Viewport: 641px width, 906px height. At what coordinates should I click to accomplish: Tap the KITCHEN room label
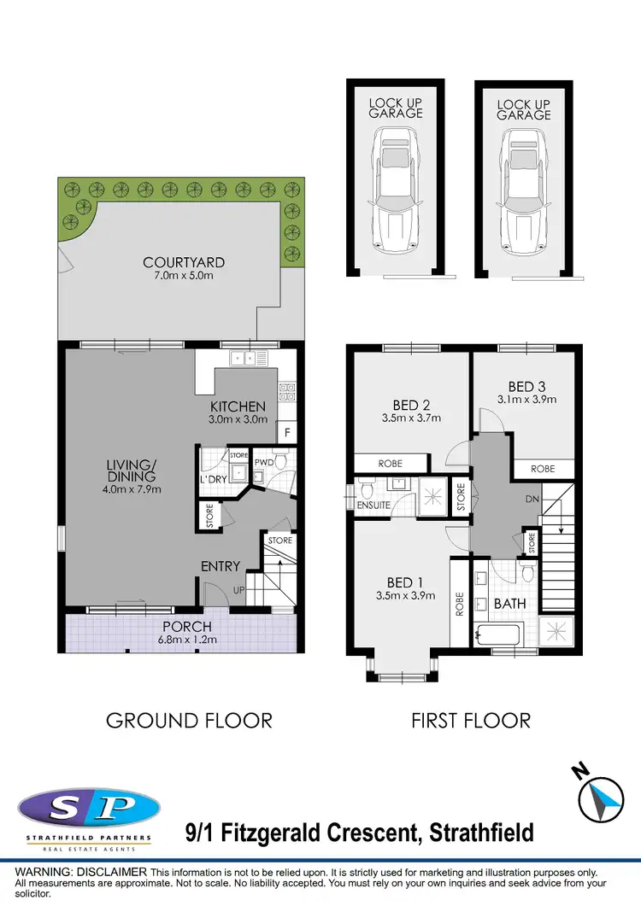[x=238, y=406]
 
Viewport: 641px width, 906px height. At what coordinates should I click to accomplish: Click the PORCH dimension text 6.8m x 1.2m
[x=181, y=640]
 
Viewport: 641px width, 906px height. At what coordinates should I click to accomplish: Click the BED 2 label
[x=407, y=405]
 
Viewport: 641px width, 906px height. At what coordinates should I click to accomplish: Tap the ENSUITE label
[x=373, y=506]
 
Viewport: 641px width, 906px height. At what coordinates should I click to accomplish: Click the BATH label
[x=510, y=604]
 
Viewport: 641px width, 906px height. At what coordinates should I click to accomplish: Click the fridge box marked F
[x=287, y=433]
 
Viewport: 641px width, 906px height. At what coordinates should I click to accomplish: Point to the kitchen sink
[x=244, y=359]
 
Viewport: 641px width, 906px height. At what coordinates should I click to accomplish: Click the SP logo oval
[x=89, y=807]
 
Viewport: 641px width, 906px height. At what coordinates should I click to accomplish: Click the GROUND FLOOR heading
[x=189, y=720]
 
